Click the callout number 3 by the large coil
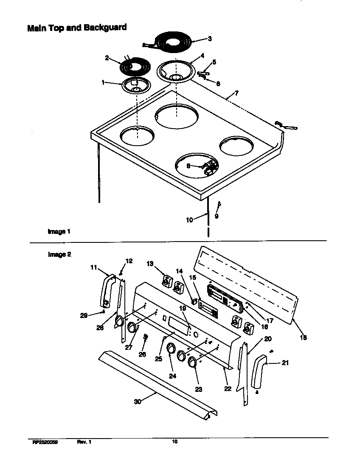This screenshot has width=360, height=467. [209, 39]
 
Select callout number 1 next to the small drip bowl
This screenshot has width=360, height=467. [103, 82]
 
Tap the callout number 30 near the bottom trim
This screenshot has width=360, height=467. [138, 402]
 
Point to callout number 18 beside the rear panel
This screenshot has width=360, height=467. [303, 338]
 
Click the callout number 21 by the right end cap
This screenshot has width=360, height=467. [285, 363]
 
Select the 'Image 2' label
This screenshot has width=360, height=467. [59, 255]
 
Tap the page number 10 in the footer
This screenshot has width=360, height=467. [174, 442]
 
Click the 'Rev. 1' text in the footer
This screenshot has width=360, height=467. [84, 442]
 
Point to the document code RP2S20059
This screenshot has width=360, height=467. [45, 442]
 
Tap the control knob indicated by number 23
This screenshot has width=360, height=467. [192, 362]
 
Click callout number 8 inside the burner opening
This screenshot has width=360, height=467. [188, 166]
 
